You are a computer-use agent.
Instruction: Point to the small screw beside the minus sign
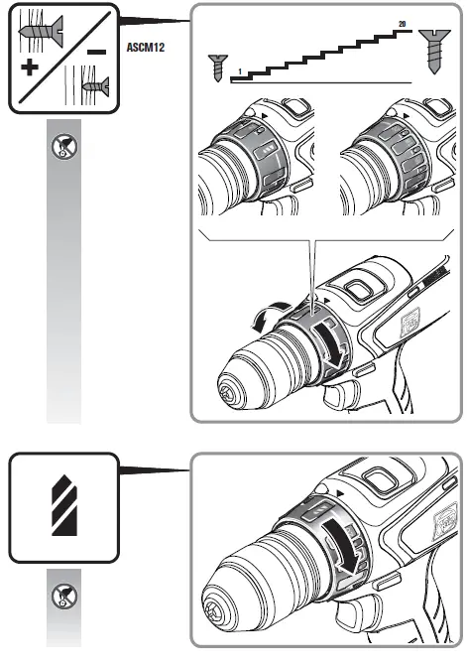[95, 87]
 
